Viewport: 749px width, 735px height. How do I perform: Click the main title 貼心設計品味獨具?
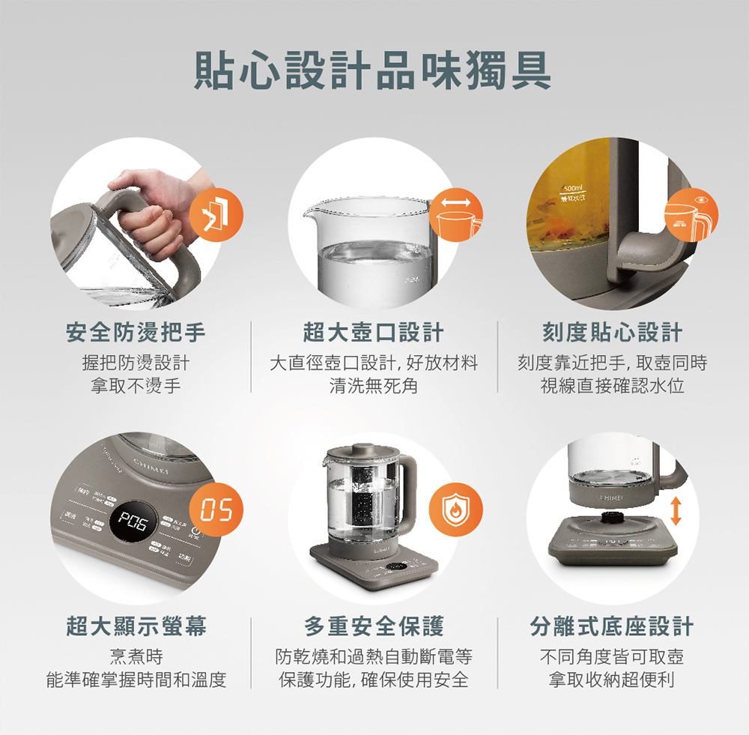pos(373,71)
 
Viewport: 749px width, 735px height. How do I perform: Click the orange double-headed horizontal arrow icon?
pos(457,202)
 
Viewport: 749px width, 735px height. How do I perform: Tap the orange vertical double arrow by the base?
pos(676,509)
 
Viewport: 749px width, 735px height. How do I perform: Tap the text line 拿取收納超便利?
pos(612,680)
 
